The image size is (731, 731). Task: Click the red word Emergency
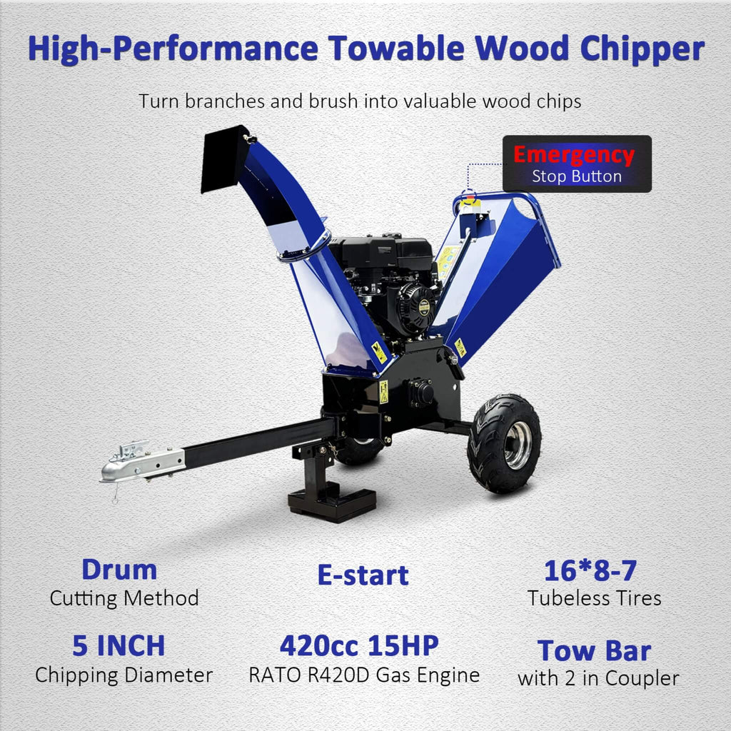tap(573, 155)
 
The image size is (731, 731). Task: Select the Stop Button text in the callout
tap(577, 176)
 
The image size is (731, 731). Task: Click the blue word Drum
tap(119, 570)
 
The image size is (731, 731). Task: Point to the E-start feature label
tap(363, 575)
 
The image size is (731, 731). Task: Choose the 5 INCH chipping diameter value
tap(119, 645)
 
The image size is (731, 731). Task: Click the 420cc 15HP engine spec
tap(359, 645)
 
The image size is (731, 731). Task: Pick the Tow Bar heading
tap(594, 650)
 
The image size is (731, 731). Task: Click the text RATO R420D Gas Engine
tap(364, 675)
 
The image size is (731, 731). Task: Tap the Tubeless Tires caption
tap(595, 598)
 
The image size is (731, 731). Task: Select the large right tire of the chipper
tap(504, 443)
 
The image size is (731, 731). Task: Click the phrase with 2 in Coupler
tap(598, 678)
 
